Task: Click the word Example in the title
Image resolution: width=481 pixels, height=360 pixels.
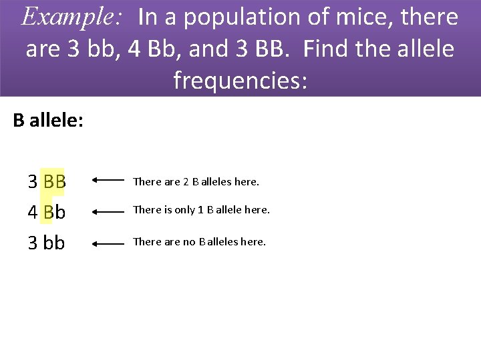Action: (71, 17)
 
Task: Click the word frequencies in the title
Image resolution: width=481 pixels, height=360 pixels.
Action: (240, 80)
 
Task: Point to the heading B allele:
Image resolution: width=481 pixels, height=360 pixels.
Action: (48, 121)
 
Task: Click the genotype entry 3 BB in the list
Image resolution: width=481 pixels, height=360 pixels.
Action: (47, 181)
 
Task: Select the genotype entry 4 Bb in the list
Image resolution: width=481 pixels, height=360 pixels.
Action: (47, 212)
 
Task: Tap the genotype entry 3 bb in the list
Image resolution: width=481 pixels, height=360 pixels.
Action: (47, 243)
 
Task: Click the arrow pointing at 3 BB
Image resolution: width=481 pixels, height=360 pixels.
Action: (108, 180)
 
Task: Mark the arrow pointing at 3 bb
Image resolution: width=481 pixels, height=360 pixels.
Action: (108, 244)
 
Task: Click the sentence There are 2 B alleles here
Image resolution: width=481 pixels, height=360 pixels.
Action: (196, 181)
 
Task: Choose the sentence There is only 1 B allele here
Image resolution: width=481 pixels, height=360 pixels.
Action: (201, 210)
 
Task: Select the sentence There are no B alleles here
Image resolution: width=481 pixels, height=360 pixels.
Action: (199, 242)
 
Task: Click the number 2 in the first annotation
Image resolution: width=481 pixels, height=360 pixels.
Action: (186, 181)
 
